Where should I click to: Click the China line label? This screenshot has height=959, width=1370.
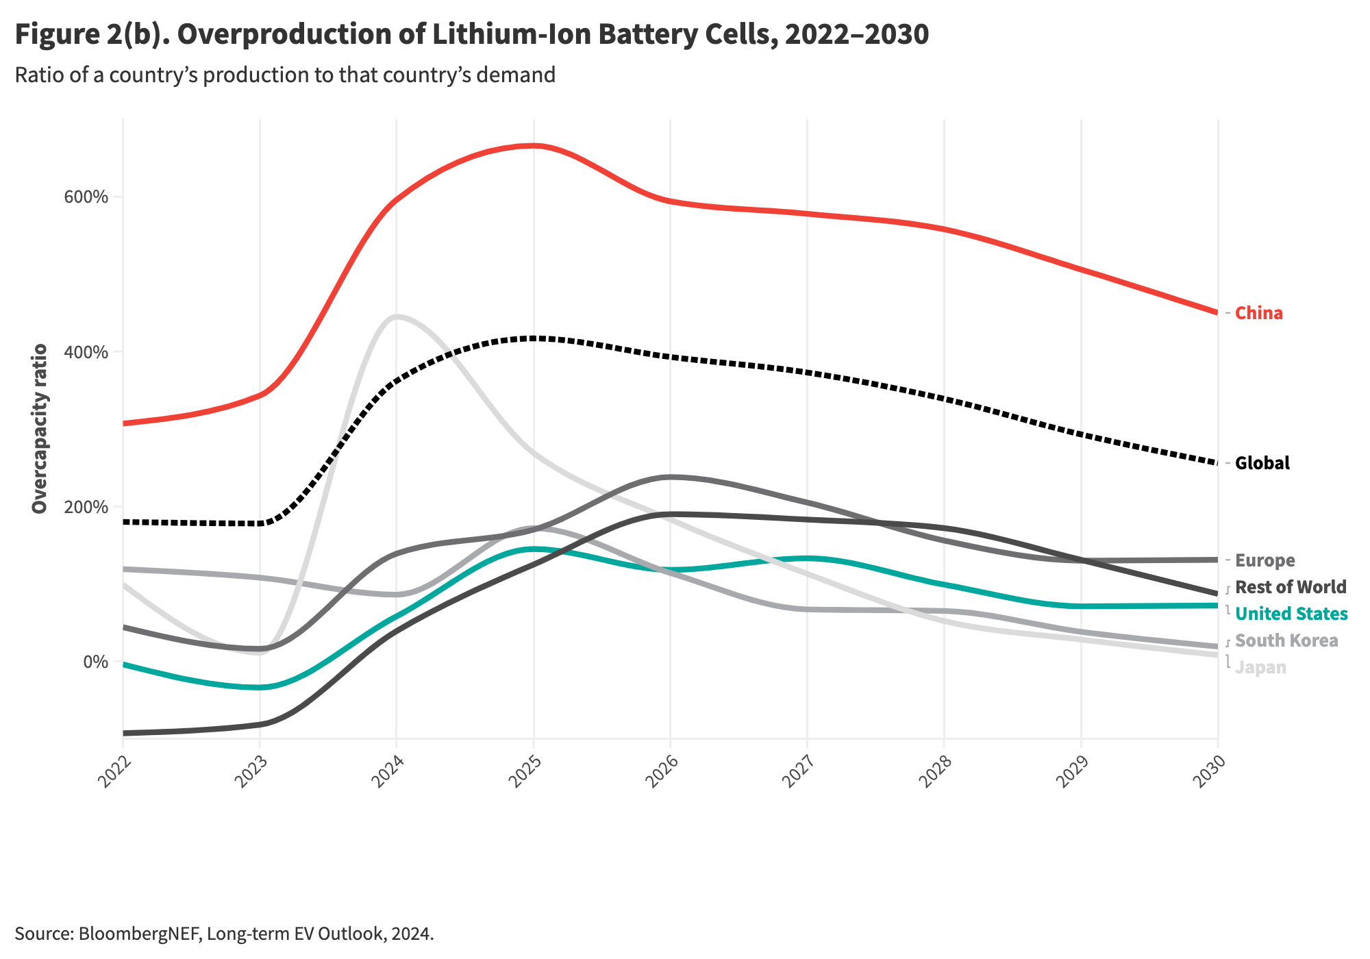point(1259,313)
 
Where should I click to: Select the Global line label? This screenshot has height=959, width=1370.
point(1262,463)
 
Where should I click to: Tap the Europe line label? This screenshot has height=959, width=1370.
point(1265,560)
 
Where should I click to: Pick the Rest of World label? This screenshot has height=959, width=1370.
point(1291,587)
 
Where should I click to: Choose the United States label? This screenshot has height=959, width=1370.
point(1292,614)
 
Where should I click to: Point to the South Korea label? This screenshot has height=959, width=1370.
point(1287,640)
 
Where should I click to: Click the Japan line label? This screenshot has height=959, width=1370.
point(1261,667)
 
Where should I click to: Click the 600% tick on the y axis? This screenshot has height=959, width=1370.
point(86,197)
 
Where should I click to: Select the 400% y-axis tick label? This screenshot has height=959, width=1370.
point(86,352)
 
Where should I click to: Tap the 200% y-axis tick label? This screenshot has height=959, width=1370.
point(86,507)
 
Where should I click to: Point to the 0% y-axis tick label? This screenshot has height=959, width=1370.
point(96,662)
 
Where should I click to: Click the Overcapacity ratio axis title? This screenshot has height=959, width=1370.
point(40,429)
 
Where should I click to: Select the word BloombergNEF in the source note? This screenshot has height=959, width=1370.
point(139,934)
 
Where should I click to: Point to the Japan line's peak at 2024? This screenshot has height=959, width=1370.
point(397,316)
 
